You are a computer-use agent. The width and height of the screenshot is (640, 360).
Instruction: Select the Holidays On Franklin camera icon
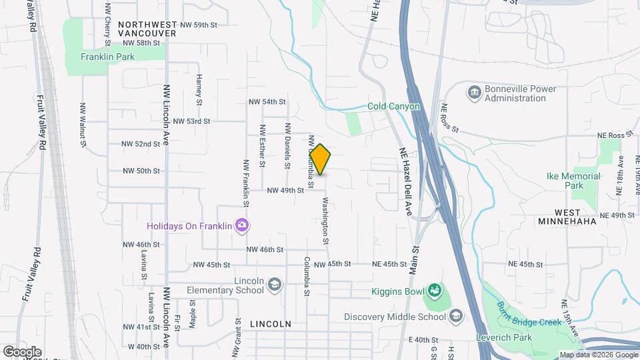[x=243, y=226]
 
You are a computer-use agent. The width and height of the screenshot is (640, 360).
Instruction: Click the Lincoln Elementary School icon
[x=273, y=285]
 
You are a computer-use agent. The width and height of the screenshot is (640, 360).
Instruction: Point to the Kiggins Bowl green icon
[x=435, y=291]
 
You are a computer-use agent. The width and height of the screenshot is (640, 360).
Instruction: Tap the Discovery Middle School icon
[x=456, y=317]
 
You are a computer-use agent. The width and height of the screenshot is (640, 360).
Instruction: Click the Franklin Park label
[x=107, y=57]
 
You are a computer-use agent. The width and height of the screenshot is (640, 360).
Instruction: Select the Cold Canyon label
[x=393, y=107]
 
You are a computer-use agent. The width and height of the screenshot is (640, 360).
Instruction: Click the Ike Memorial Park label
[x=573, y=181]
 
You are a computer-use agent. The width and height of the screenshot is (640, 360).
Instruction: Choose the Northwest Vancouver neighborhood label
[x=147, y=28]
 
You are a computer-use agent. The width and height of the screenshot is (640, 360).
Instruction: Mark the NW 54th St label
[x=267, y=102]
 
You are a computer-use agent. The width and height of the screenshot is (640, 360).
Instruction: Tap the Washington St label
[x=326, y=221]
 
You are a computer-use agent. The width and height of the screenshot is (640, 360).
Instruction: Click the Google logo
[x=22, y=351]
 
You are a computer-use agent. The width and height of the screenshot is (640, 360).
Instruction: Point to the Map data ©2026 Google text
[x=597, y=355]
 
